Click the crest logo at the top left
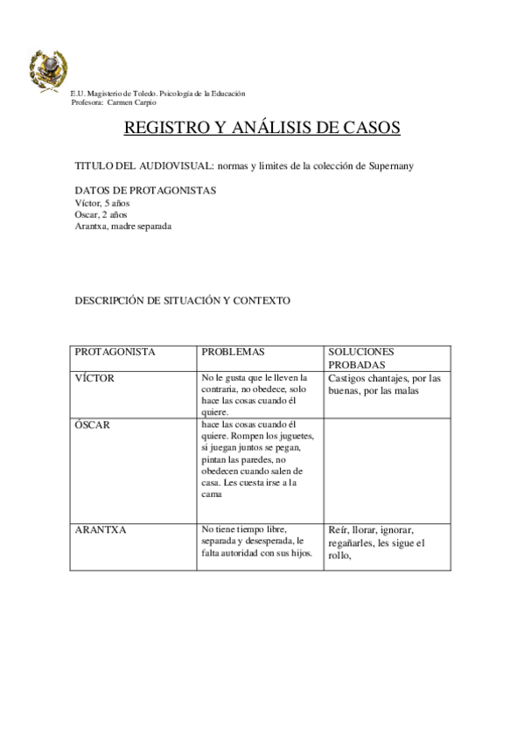pos(49,67)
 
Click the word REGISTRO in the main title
pos(161,128)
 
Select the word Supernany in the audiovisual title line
pos(388,166)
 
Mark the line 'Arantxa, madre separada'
pos(122,227)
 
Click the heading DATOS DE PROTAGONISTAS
pos(145,191)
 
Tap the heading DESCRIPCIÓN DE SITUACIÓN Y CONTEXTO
pos(182,300)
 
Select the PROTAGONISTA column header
pos(115,352)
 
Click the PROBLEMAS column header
pos(233,352)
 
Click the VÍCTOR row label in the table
pos(94,378)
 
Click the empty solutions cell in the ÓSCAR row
pos(387,470)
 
